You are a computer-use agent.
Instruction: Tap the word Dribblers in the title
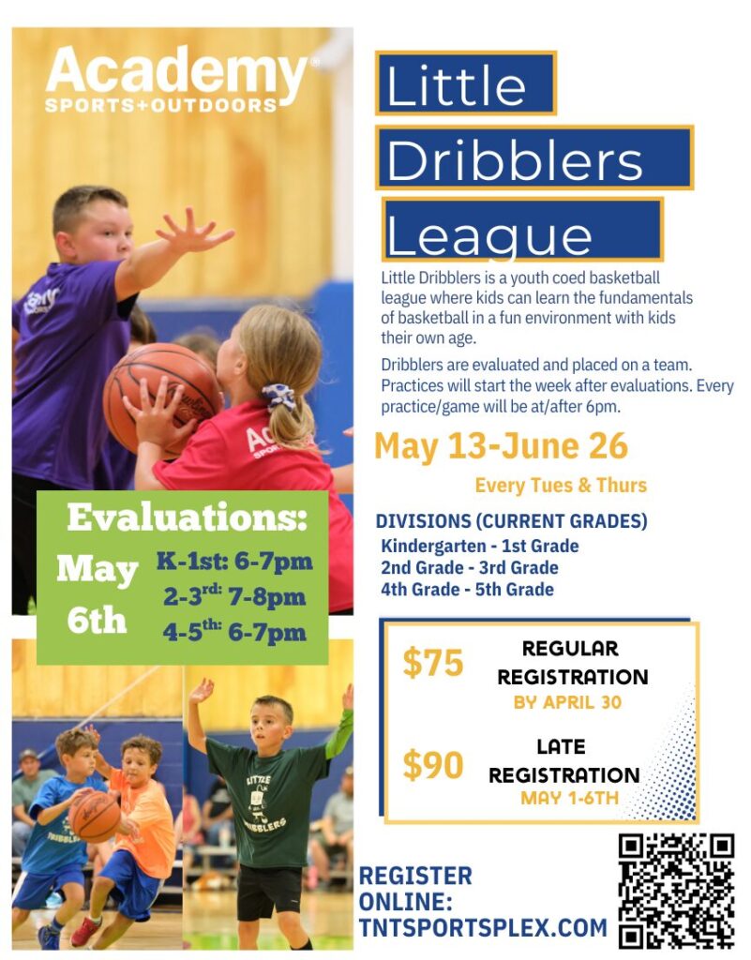coord(514,160)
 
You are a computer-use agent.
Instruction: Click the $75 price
coord(433,663)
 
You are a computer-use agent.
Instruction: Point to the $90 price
coord(433,765)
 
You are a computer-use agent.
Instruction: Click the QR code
coord(676,890)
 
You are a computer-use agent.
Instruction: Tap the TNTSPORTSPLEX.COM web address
coord(482,927)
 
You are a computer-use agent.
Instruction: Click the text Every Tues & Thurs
coord(561,486)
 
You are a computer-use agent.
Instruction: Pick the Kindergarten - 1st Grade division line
coord(480,546)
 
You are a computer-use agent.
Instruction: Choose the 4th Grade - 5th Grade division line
coord(467,589)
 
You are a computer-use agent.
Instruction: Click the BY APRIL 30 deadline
coord(567,702)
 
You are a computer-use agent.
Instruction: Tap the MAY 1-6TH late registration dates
coord(569,798)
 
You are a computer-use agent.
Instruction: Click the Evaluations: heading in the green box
coord(187,517)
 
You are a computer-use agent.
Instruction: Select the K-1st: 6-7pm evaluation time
coord(234,562)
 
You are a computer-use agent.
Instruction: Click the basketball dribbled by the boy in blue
coord(95,817)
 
